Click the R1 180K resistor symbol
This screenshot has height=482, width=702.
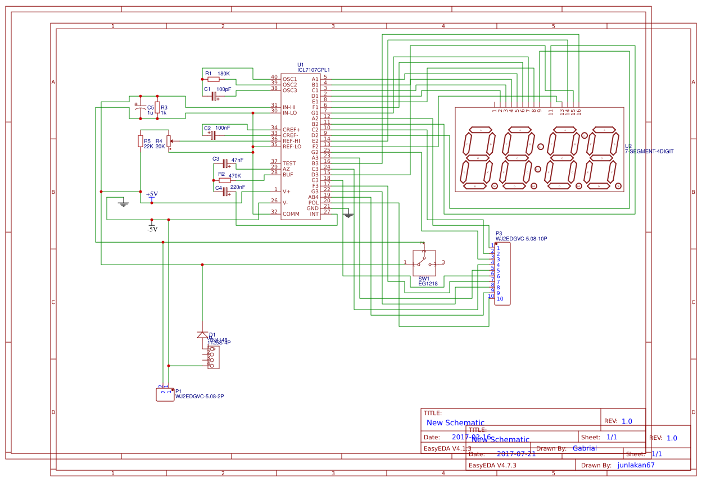pyautogui.click(x=214, y=80)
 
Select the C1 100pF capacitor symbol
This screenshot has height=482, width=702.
pyautogui.click(x=214, y=96)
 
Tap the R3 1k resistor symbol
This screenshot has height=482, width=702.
pyautogui.click(x=157, y=107)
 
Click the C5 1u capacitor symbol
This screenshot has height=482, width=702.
pyautogui.click(x=140, y=107)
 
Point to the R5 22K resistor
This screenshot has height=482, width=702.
pyautogui.click(x=140, y=140)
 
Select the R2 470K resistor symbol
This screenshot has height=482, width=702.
pyautogui.click(x=224, y=180)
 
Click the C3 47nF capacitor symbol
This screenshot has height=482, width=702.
pyautogui.click(x=225, y=163)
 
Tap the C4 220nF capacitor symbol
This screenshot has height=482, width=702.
pyautogui.click(x=225, y=192)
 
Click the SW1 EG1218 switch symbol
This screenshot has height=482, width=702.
pyautogui.click(x=424, y=262)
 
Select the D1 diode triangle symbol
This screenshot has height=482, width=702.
pyautogui.click(x=202, y=335)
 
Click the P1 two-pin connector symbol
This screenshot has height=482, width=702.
pyautogui.click(x=165, y=394)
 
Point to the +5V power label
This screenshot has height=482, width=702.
pyautogui.click(x=152, y=194)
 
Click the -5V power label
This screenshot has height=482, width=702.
pyautogui.click(x=152, y=229)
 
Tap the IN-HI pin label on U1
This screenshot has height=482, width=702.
pyautogui.click(x=289, y=107)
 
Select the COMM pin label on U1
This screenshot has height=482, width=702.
pyautogui.click(x=291, y=213)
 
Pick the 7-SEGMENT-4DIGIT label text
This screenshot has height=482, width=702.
pyautogui.click(x=649, y=152)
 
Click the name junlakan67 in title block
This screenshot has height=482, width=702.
pyautogui.click(x=636, y=465)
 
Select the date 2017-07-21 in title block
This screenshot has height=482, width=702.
pyautogui.click(x=516, y=454)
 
